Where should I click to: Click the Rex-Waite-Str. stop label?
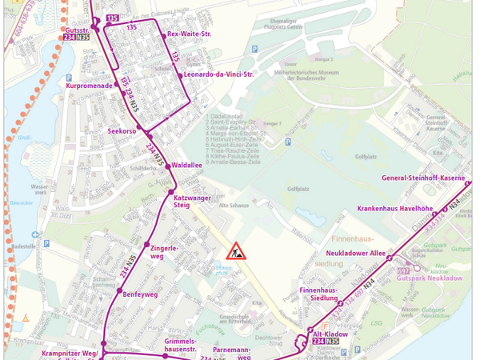tap(189, 34)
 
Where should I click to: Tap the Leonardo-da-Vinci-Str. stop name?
tap(218, 74)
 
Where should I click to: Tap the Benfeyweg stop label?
tap(141, 294)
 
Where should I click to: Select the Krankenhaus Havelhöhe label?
tap(394, 209)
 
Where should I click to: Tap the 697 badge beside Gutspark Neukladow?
tap(402, 272)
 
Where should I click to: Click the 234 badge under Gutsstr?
tap(70, 38)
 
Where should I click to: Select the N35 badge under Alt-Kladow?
tap(332, 342)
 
